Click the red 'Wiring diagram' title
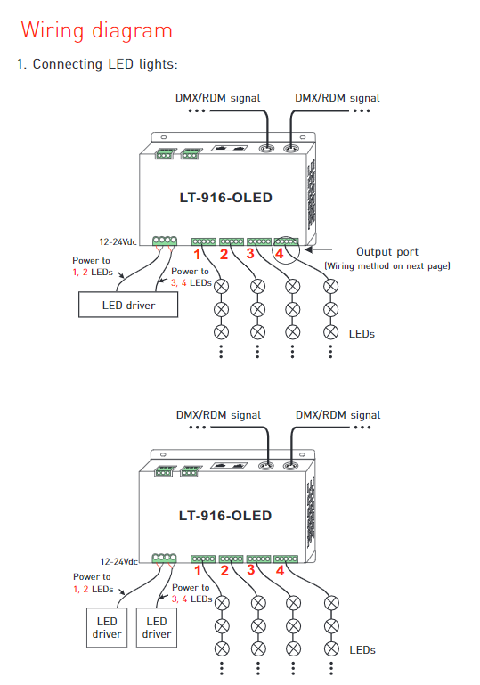[96, 31]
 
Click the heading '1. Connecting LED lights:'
[97, 64]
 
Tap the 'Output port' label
[387, 252]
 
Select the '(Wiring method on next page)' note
[387, 266]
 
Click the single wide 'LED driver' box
[128, 305]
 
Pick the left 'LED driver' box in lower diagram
[107, 627]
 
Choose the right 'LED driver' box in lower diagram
[157, 627]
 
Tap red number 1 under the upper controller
[198, 254]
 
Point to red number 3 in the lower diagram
[251, 570]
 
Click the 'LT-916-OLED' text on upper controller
[226, 198]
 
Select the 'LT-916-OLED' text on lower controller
[225, 516]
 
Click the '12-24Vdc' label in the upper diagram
[118, 241]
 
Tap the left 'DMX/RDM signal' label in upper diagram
[217, 98]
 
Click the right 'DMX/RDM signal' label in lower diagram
[338, 414]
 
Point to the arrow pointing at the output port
[319, 249]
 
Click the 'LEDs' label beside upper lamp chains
[362, 334]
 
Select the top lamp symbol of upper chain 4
[330, 286]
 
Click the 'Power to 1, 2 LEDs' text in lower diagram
[94, 583]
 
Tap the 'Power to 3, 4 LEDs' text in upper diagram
[191, 277]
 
